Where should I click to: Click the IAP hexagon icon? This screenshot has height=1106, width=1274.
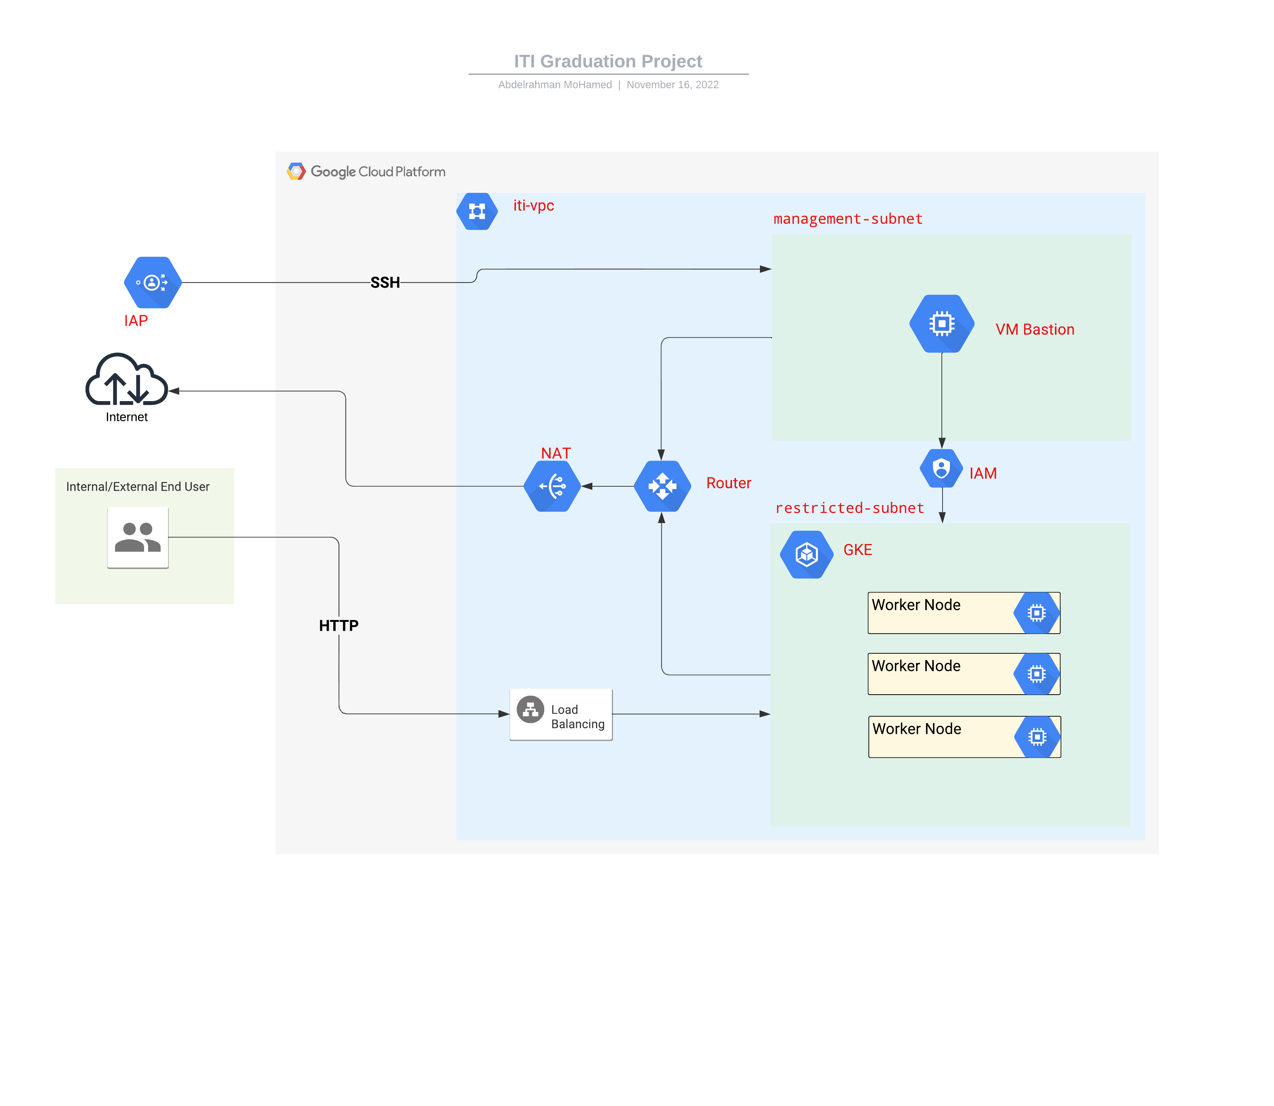point(152,283)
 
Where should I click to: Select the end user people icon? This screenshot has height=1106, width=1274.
point(138,537)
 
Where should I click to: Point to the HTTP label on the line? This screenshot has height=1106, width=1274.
point(338,626)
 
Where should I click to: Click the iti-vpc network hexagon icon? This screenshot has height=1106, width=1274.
point(477,212)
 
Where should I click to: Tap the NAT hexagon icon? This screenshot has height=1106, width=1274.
point(552,486)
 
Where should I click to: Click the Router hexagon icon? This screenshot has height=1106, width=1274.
point(662,486)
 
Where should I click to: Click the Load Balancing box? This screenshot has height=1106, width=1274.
point(561,715)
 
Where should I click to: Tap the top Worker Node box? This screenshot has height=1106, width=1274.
point(963,613)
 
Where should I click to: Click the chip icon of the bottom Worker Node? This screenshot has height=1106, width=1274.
point(1037,737)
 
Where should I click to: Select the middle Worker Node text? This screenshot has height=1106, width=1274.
point(916,666)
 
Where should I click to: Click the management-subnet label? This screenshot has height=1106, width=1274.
point(848,219)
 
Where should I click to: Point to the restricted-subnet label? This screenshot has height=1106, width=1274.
point(849,508)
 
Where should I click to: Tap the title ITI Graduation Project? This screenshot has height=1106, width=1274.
point(608,61)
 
